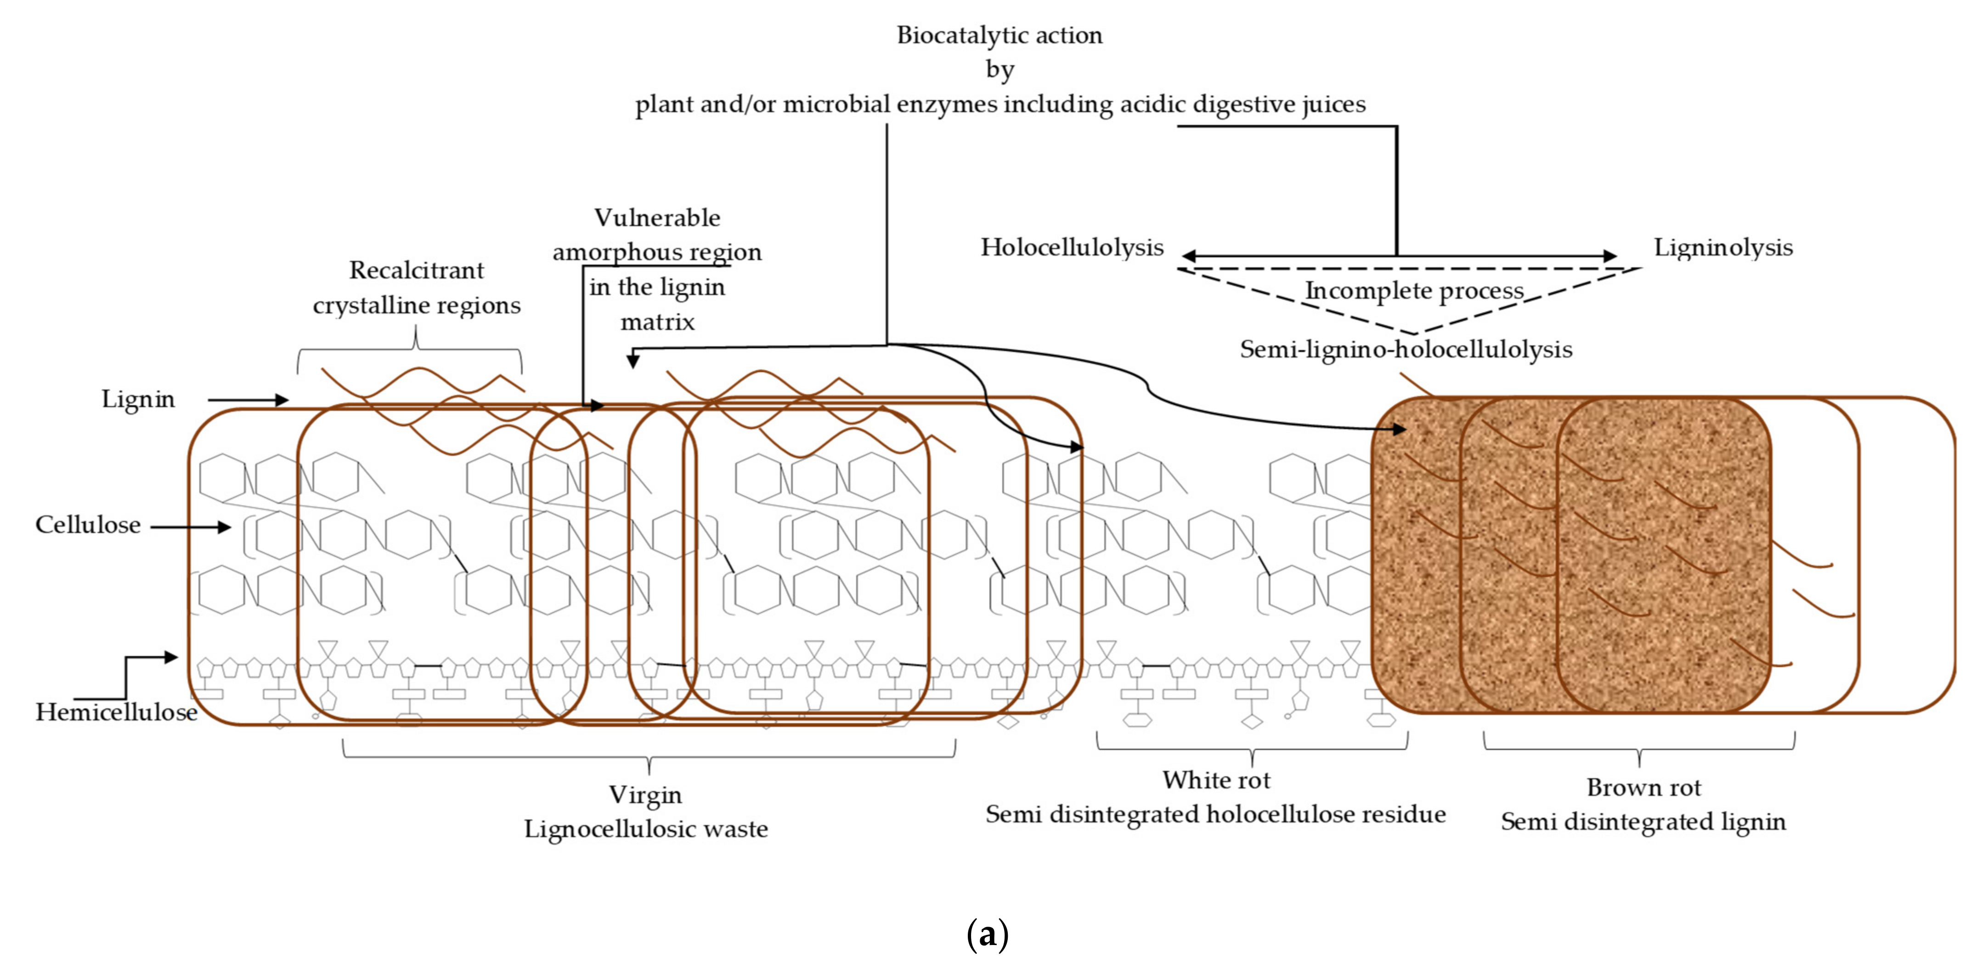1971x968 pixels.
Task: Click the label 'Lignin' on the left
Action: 139,399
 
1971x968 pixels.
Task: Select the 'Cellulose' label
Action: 88,525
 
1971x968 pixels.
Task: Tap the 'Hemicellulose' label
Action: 116,713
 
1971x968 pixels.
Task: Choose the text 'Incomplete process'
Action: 1414,291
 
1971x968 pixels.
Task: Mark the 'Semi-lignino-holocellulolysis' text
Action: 1406,350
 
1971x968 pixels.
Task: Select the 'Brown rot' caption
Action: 1643,787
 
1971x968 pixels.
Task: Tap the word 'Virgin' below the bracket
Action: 645,795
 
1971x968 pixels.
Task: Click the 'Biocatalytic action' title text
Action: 999,35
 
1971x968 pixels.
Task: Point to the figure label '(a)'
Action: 987,934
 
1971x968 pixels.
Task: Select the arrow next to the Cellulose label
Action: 191,526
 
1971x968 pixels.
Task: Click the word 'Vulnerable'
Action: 657,218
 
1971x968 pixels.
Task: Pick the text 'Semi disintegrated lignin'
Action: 1643,822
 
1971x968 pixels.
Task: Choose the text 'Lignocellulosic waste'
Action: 646,829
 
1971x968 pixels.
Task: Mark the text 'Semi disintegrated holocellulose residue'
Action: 1215,814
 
